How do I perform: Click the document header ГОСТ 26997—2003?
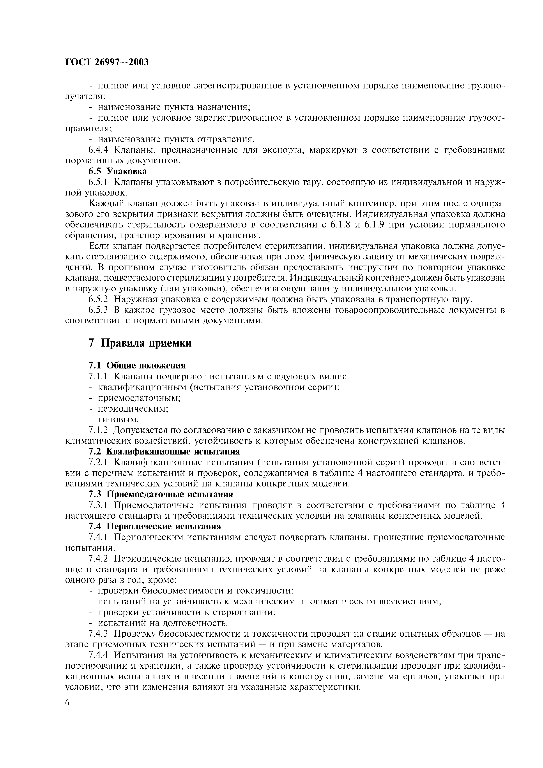[107, 62]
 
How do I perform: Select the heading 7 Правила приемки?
[140, 343]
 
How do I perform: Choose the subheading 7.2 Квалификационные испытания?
[164, 452]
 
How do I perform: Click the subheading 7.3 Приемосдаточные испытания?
[161, 494]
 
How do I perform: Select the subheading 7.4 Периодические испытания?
[155, 527]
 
